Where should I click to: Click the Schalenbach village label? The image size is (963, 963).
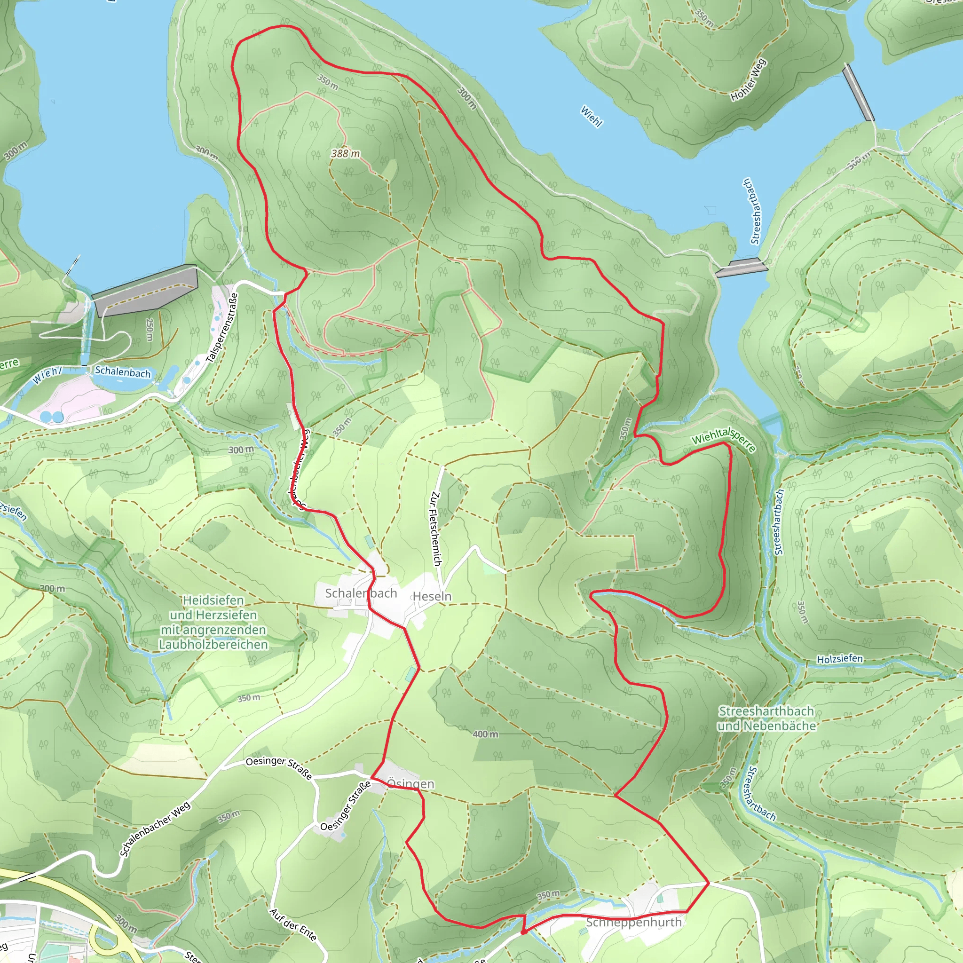coord(361,593)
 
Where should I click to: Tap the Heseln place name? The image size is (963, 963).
coord(432,596)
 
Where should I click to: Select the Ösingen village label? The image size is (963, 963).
coord(410,784)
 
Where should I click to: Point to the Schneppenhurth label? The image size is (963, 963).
coord(633,922)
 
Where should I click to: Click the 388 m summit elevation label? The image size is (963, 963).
coord(346,153)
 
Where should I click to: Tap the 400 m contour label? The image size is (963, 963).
coord(485,734)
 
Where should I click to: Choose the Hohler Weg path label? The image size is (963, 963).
coord(748,80)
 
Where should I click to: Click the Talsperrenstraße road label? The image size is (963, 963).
coord(222,327)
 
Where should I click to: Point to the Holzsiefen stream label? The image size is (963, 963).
coord(839,659)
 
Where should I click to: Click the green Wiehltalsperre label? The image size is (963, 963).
coord(723,439)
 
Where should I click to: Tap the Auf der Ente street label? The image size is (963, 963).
coord(292,924)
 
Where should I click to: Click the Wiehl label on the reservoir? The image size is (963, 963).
coord(591,116)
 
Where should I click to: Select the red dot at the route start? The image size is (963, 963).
coord(523,931)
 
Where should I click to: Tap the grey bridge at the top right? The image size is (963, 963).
coord(858,92)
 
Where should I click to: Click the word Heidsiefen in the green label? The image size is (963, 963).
coord(213,600)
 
